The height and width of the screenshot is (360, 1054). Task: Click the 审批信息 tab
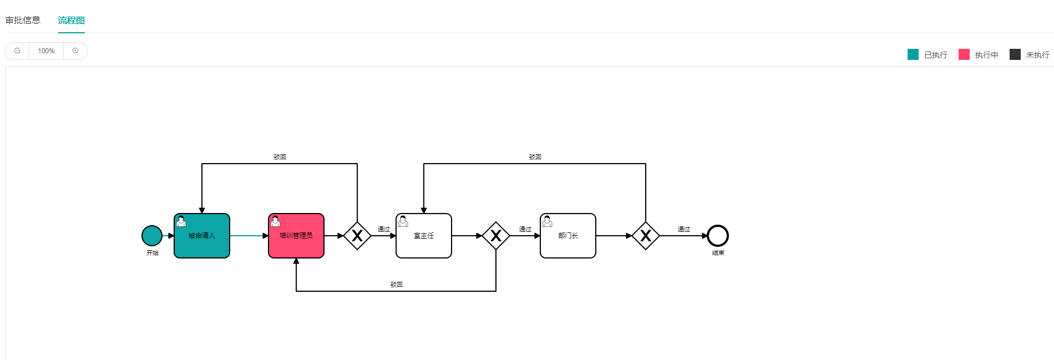click(23, 21)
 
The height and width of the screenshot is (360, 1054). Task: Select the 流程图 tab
click(72, 21)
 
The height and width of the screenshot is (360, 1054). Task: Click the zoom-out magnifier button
click(17, 51)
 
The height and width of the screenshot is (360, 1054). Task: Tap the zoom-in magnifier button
click(75, 51)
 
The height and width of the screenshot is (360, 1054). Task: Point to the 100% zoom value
click(46, 51)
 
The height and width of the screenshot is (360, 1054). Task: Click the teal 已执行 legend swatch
click(913, 54)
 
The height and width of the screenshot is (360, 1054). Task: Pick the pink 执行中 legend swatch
click(964, 54)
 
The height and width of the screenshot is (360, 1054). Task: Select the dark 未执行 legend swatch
click(1015, 54)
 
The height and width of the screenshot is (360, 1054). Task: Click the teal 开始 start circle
click(152, 236)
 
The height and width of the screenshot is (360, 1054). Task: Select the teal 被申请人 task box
click(202, 236)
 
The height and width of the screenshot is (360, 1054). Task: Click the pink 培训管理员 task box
click(296, 236)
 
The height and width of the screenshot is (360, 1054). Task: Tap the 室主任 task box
click(424, 236)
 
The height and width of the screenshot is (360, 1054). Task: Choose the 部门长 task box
click(568, 236)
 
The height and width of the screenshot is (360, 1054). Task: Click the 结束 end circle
click(718, 236)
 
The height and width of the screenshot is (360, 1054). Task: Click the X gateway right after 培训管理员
click(357, 236)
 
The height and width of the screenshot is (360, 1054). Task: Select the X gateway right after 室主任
click(496, 236)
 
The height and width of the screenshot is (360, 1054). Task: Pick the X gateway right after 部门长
click(646, 236)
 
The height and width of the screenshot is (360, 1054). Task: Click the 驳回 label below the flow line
click(396, 285)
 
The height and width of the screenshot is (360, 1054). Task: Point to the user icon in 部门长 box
click(548, 221)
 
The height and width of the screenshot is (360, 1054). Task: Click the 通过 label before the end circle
click(683, 229)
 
